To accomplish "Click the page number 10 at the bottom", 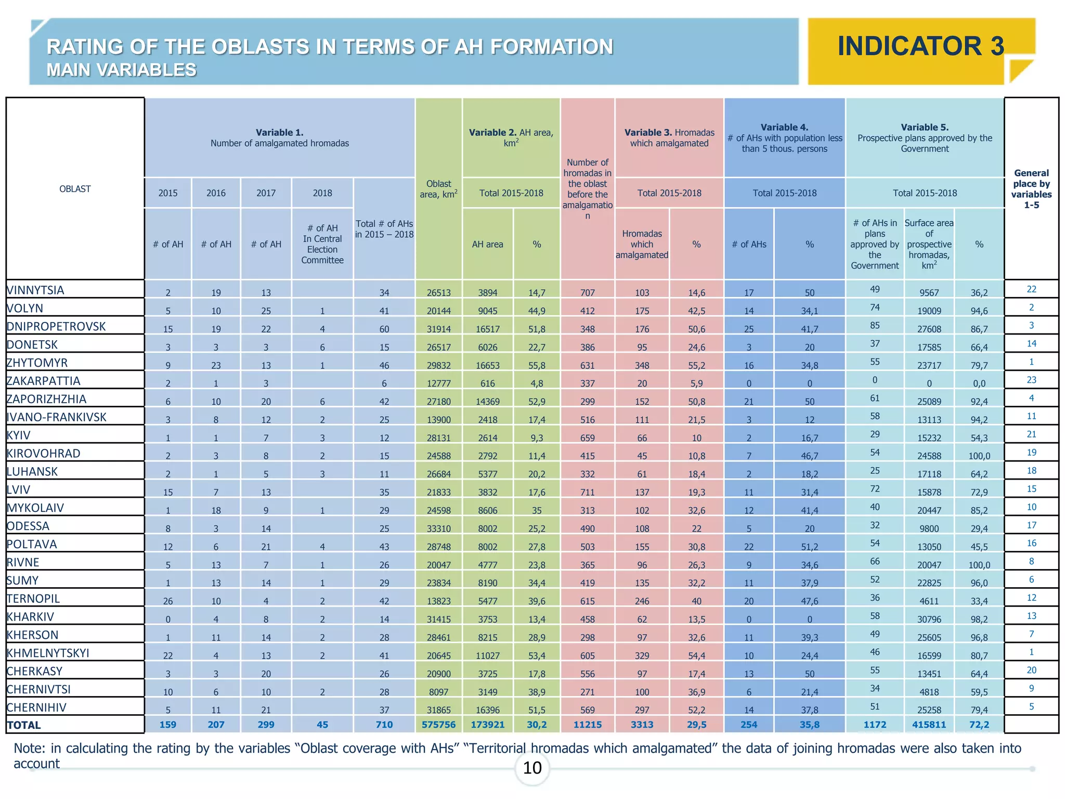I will [532, 768].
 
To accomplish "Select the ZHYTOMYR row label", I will [37, 363].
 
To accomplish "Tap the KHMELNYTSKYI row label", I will [48, 653].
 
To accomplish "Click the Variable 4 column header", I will [784, 138].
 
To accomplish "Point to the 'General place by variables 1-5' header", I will [1031, 189].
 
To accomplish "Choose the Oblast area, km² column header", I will [438, 189].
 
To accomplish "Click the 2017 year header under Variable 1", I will [266, 193].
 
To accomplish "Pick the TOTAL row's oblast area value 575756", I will [438, 725].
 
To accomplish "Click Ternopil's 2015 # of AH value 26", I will [168, 601].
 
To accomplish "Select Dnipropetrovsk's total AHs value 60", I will [384, 329].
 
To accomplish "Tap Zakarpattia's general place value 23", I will [1031, 380].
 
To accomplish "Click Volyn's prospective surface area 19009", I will [929, 311].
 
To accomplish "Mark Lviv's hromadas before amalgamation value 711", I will [587, 492].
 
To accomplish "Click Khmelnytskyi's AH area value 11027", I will [487, 655].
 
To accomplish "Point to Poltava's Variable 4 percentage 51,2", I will [809, 547].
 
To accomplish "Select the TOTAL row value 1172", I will [875, 725].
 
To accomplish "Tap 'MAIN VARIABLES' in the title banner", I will [121, 70].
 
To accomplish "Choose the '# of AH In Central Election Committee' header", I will [322, 244].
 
